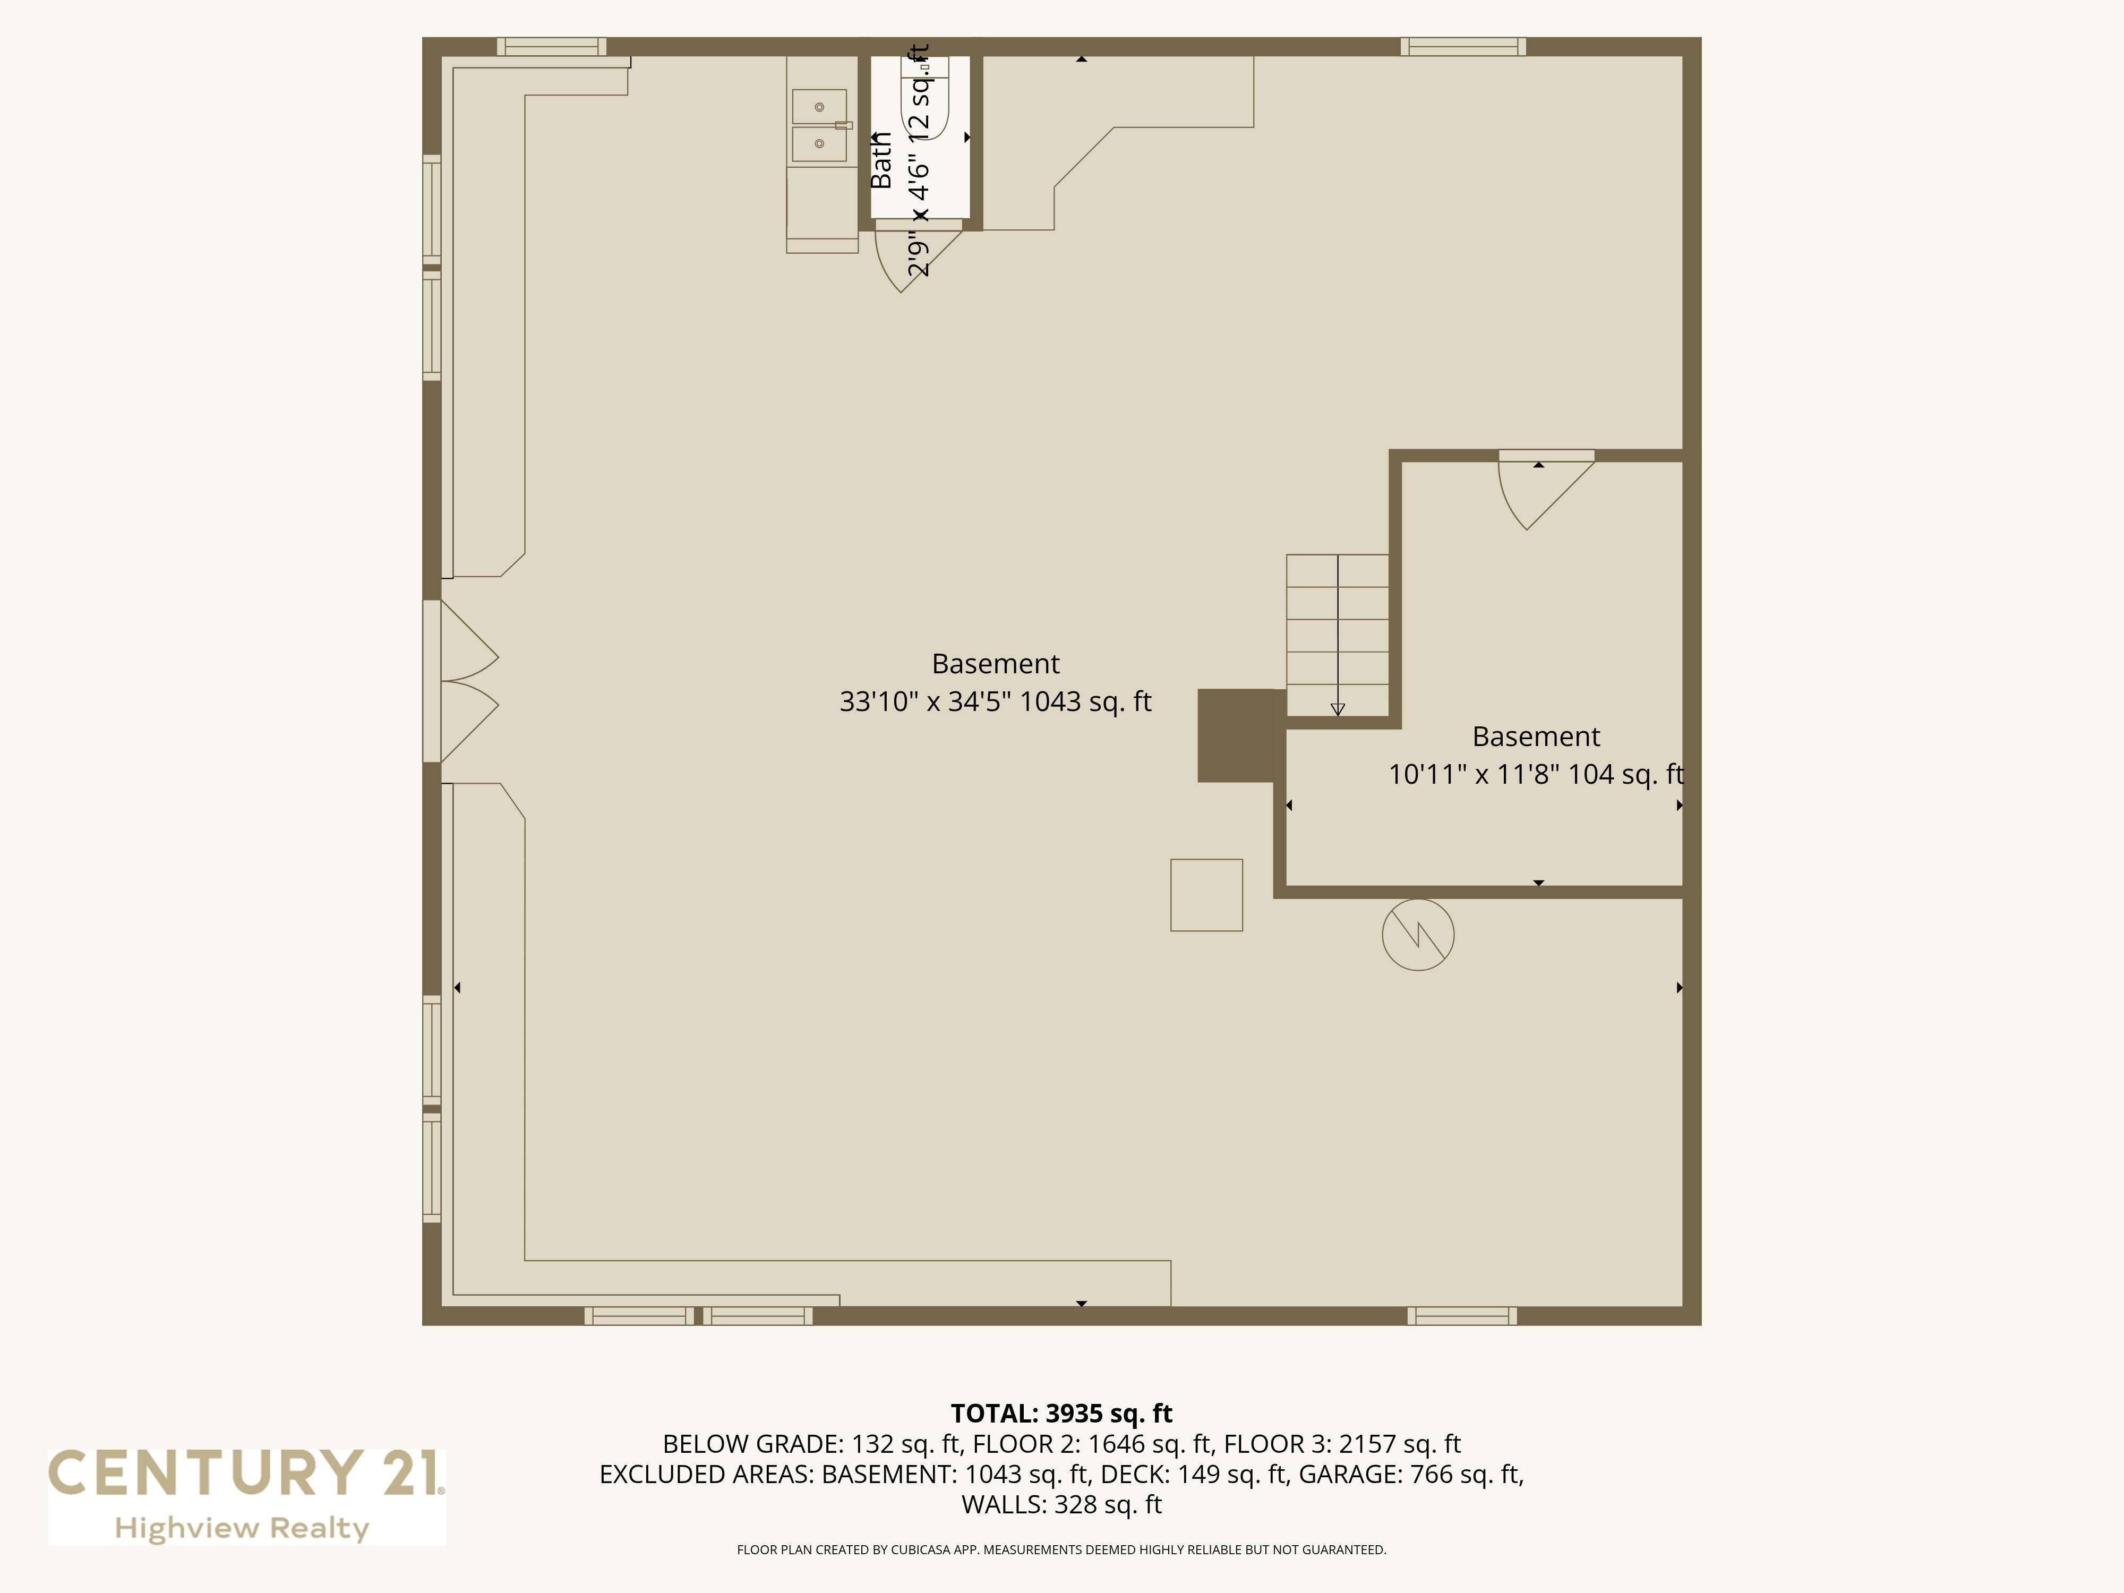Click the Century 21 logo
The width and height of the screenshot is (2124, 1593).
(x=247, y=1496)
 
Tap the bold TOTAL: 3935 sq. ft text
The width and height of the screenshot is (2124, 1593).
(x=1061, y=1414)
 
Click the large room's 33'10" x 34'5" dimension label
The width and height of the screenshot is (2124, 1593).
(x=995, y=702)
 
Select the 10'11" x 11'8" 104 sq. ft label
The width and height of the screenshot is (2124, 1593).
(x=1536, y=774)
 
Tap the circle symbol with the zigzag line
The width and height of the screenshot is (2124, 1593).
(x=1418, y=934)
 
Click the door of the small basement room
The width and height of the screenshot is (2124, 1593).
(x=1546, y=490)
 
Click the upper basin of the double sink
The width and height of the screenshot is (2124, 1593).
(x=819, y=107)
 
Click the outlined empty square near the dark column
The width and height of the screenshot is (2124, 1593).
(x=1206, y=895)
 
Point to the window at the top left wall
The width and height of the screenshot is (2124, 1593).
(x=551, y=46)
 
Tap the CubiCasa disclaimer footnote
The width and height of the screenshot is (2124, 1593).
(x=1061, y=1550)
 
